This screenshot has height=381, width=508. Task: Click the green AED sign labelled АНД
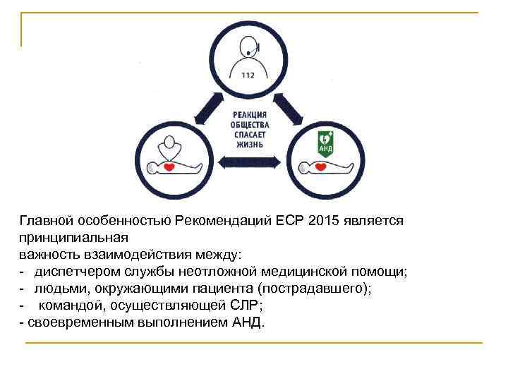click(325, 141)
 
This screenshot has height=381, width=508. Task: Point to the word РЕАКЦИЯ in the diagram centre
click(249, 114)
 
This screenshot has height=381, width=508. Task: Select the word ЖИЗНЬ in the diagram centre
click(249, 143)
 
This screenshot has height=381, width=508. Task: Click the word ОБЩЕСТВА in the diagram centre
click(249, 123)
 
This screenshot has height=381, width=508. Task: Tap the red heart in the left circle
click(169, 167)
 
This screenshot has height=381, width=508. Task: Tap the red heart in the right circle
click(321, 167)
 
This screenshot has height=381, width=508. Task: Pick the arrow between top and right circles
click(288, 106)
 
